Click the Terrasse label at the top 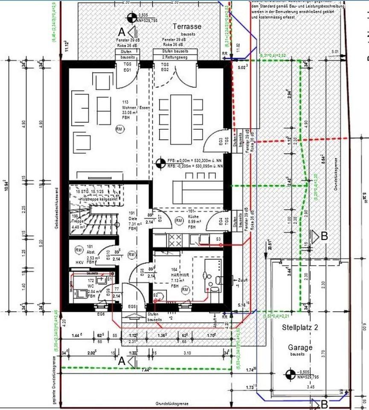186,26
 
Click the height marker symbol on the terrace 130,18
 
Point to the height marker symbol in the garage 290,374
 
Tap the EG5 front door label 132,307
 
